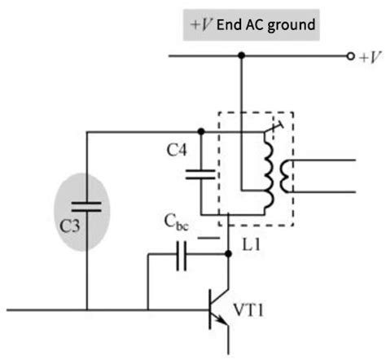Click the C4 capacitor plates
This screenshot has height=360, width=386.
pyautogui.click(x=200, y=173)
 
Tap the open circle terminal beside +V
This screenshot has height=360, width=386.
pyautogui.click(x=350, y=56)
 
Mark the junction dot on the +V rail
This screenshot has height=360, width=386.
pyautogui.click(x=241, y=56)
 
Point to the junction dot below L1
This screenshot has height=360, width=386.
pyautogui.click(x=228, y=254)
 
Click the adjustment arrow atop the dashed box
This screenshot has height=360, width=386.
pyautogui.click(x=278, y=126)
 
